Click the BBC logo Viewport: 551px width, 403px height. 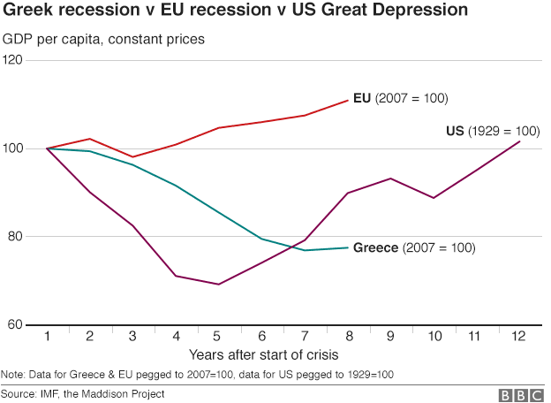click(519, 394)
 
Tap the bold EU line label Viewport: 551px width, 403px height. click(360, 97)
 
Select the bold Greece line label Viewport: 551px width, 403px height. click(375, 248)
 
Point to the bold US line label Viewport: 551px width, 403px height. click(455, 131)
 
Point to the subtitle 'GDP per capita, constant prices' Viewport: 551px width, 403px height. click(104, 40)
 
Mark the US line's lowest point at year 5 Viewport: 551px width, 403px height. click(218, 285)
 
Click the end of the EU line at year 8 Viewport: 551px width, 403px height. click(348, 100)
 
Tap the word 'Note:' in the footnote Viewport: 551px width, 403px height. click(14, 375)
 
